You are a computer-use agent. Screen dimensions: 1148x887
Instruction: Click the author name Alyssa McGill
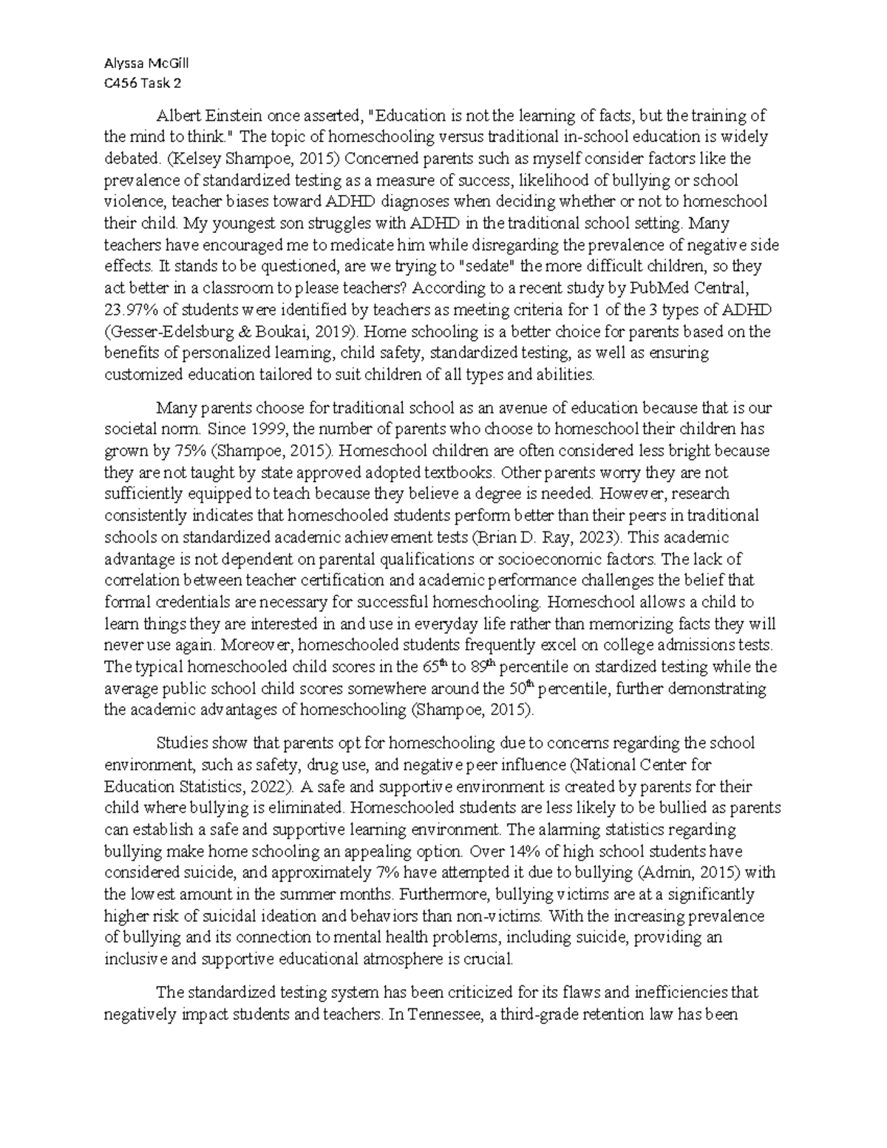coord(146,63)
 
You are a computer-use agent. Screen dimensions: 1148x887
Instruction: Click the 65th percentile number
coord(435,667)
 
